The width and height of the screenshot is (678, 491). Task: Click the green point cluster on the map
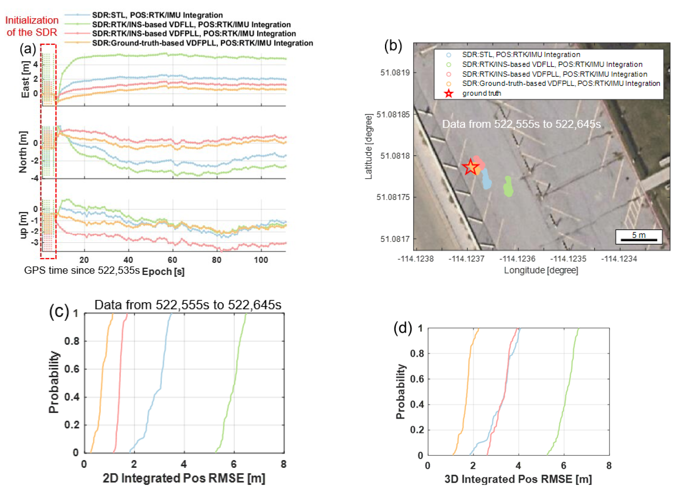point(508,187)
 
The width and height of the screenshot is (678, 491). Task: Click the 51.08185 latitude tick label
point(393,114)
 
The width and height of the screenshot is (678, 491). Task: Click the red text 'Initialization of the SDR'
point(32,26)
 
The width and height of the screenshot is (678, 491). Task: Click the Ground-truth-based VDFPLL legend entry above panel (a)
point(202,43)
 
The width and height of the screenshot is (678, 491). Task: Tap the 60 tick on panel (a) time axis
point(173,260)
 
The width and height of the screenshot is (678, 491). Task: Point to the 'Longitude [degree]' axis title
point(541,270)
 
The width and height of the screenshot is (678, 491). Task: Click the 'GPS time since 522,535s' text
point(82,270)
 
